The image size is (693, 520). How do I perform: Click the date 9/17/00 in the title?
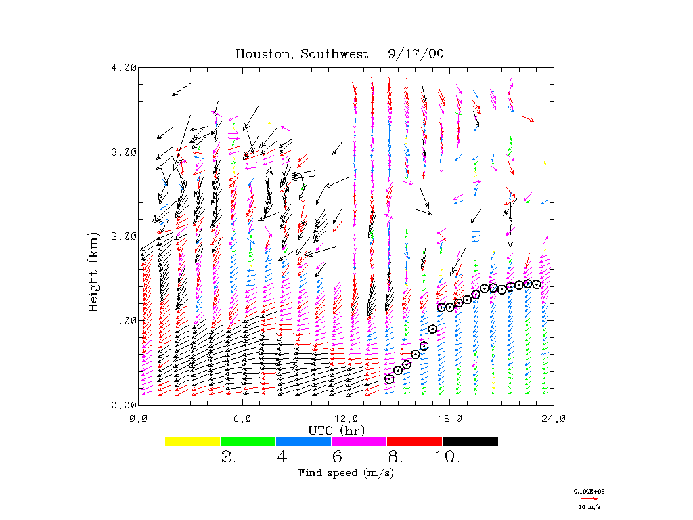click(416, 54)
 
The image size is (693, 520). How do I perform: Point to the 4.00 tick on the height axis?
click(124, 67)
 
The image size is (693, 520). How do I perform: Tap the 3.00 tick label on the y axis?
click(124, 152)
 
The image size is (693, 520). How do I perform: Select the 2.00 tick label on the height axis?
click(124, 236)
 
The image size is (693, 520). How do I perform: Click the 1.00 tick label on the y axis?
click(124, 320)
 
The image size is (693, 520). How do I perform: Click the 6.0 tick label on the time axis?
click(242, 418)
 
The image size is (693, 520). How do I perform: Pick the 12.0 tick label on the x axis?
click(346, 418)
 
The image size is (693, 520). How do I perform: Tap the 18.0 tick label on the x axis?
click(450, 418)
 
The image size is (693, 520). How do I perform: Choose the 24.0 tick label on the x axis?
click(554, 418)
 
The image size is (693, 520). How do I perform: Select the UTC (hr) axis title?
click(336, 430)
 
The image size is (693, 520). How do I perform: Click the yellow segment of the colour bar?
click(193, 441)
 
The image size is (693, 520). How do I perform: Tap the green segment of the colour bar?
click(248, 441)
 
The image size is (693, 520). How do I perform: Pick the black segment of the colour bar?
click(470, 441)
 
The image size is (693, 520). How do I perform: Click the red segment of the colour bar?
click(414, 441)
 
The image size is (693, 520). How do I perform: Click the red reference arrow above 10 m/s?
click(586, 497)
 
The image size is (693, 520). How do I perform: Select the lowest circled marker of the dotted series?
click(389, 379)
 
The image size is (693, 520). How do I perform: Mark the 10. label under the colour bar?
click(448, 457)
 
